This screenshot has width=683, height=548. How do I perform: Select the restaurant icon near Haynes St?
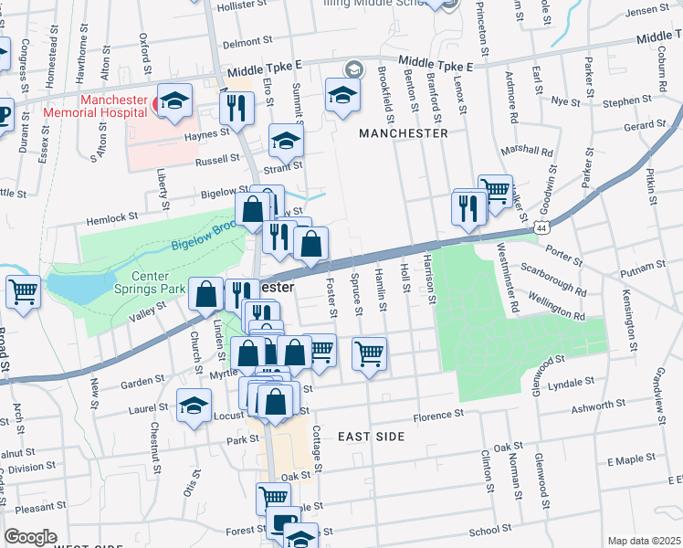tap(236, 109)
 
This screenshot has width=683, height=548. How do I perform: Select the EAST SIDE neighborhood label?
tap(371, 437)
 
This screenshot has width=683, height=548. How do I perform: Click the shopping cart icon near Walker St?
tap(495, 191)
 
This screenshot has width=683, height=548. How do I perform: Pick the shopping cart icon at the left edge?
tap(23, 292)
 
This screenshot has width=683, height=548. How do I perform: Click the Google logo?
tap(30, 537)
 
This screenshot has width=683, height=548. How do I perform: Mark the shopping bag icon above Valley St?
tap(207, 293)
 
